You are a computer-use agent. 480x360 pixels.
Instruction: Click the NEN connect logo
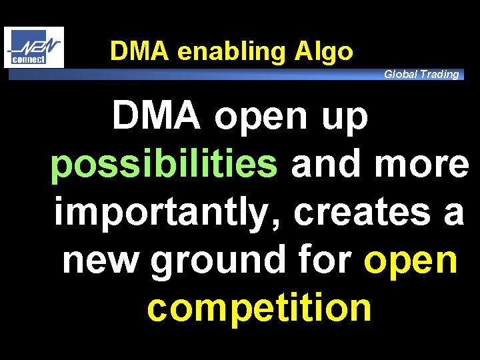coord(33,47)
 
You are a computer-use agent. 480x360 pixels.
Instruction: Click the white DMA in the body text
coord(156,116)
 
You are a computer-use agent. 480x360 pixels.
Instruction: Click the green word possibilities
coord(164,165)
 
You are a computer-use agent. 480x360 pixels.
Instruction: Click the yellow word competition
coord(259,307)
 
